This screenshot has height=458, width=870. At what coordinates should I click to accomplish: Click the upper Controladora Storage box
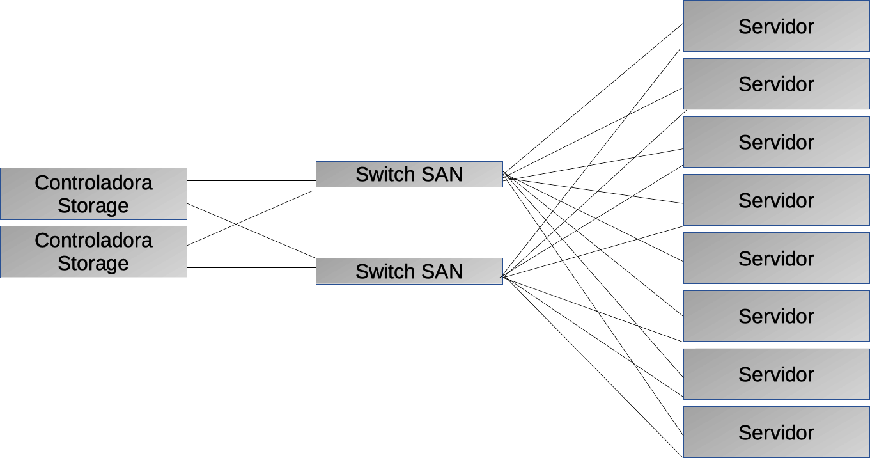click(93, 194)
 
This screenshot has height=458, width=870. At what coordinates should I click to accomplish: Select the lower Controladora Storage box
click(93, 251)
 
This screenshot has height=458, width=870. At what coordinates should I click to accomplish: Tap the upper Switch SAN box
click(409, 174)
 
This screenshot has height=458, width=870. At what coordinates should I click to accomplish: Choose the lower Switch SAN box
click(409, 271)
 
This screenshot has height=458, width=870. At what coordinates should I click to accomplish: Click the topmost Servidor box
click(776, 26)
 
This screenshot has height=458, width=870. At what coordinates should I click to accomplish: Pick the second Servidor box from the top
click(776, 84)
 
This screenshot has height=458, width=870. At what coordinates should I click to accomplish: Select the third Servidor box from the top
click(776, 142)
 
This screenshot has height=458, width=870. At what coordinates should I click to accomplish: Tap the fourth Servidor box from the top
click(776, 200)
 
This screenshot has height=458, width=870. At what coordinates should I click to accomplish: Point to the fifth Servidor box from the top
click(776, 258)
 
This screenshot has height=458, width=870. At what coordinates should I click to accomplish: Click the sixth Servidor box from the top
click(776, 316)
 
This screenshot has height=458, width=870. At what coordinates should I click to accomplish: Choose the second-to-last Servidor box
click(776, 374)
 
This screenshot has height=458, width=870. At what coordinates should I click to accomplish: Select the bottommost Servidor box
click(776, 432)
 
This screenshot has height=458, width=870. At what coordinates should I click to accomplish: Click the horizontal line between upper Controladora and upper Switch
click(251, 180)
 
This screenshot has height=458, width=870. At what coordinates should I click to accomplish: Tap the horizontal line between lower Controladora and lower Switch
click(251, 267)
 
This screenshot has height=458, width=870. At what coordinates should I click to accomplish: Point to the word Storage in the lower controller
click(93, 263)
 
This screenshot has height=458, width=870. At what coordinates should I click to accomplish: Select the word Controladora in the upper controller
click(93, 183)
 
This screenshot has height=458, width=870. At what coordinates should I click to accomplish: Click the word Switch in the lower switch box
click(383, 271)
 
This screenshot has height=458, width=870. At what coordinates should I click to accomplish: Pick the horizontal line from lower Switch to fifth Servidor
click(594, 278)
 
